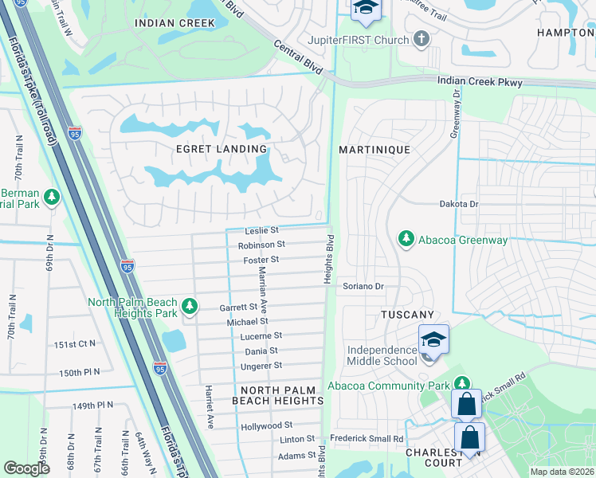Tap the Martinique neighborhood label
[x=374, y=150]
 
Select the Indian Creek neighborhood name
[x=175, y=23]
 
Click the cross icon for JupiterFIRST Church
[x=422, y=38]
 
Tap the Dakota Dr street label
[x=459, y=204]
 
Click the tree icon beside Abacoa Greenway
[x=406, y=237]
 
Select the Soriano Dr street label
[x=363, y=286]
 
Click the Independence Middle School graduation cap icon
[x=433, y=339]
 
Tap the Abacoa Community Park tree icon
[x=461, y=383]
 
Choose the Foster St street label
[x=261, y=260]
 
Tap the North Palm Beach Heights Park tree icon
[x=190, y=305]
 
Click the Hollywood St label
[x=266, y=426]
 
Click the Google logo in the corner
[x=26, y=468]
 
